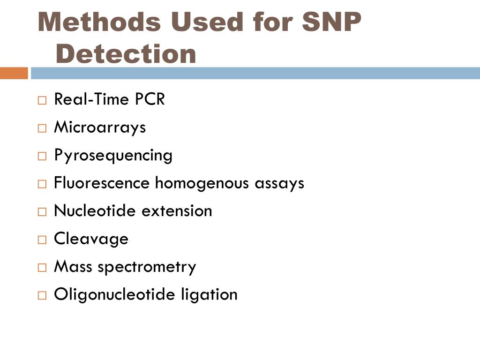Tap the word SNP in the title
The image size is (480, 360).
332,22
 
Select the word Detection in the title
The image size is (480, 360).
126,54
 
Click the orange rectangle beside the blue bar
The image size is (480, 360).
14,73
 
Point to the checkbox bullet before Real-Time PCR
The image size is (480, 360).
43,100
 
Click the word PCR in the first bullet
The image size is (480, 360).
150,99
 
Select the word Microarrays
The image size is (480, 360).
100,127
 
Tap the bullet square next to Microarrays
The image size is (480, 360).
43,128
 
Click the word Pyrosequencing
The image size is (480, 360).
113,155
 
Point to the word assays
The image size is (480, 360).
279,183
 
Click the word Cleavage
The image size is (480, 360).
91,239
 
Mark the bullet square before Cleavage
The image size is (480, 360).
43,240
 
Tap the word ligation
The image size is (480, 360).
209,294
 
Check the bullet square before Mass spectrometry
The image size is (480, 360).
43,268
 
